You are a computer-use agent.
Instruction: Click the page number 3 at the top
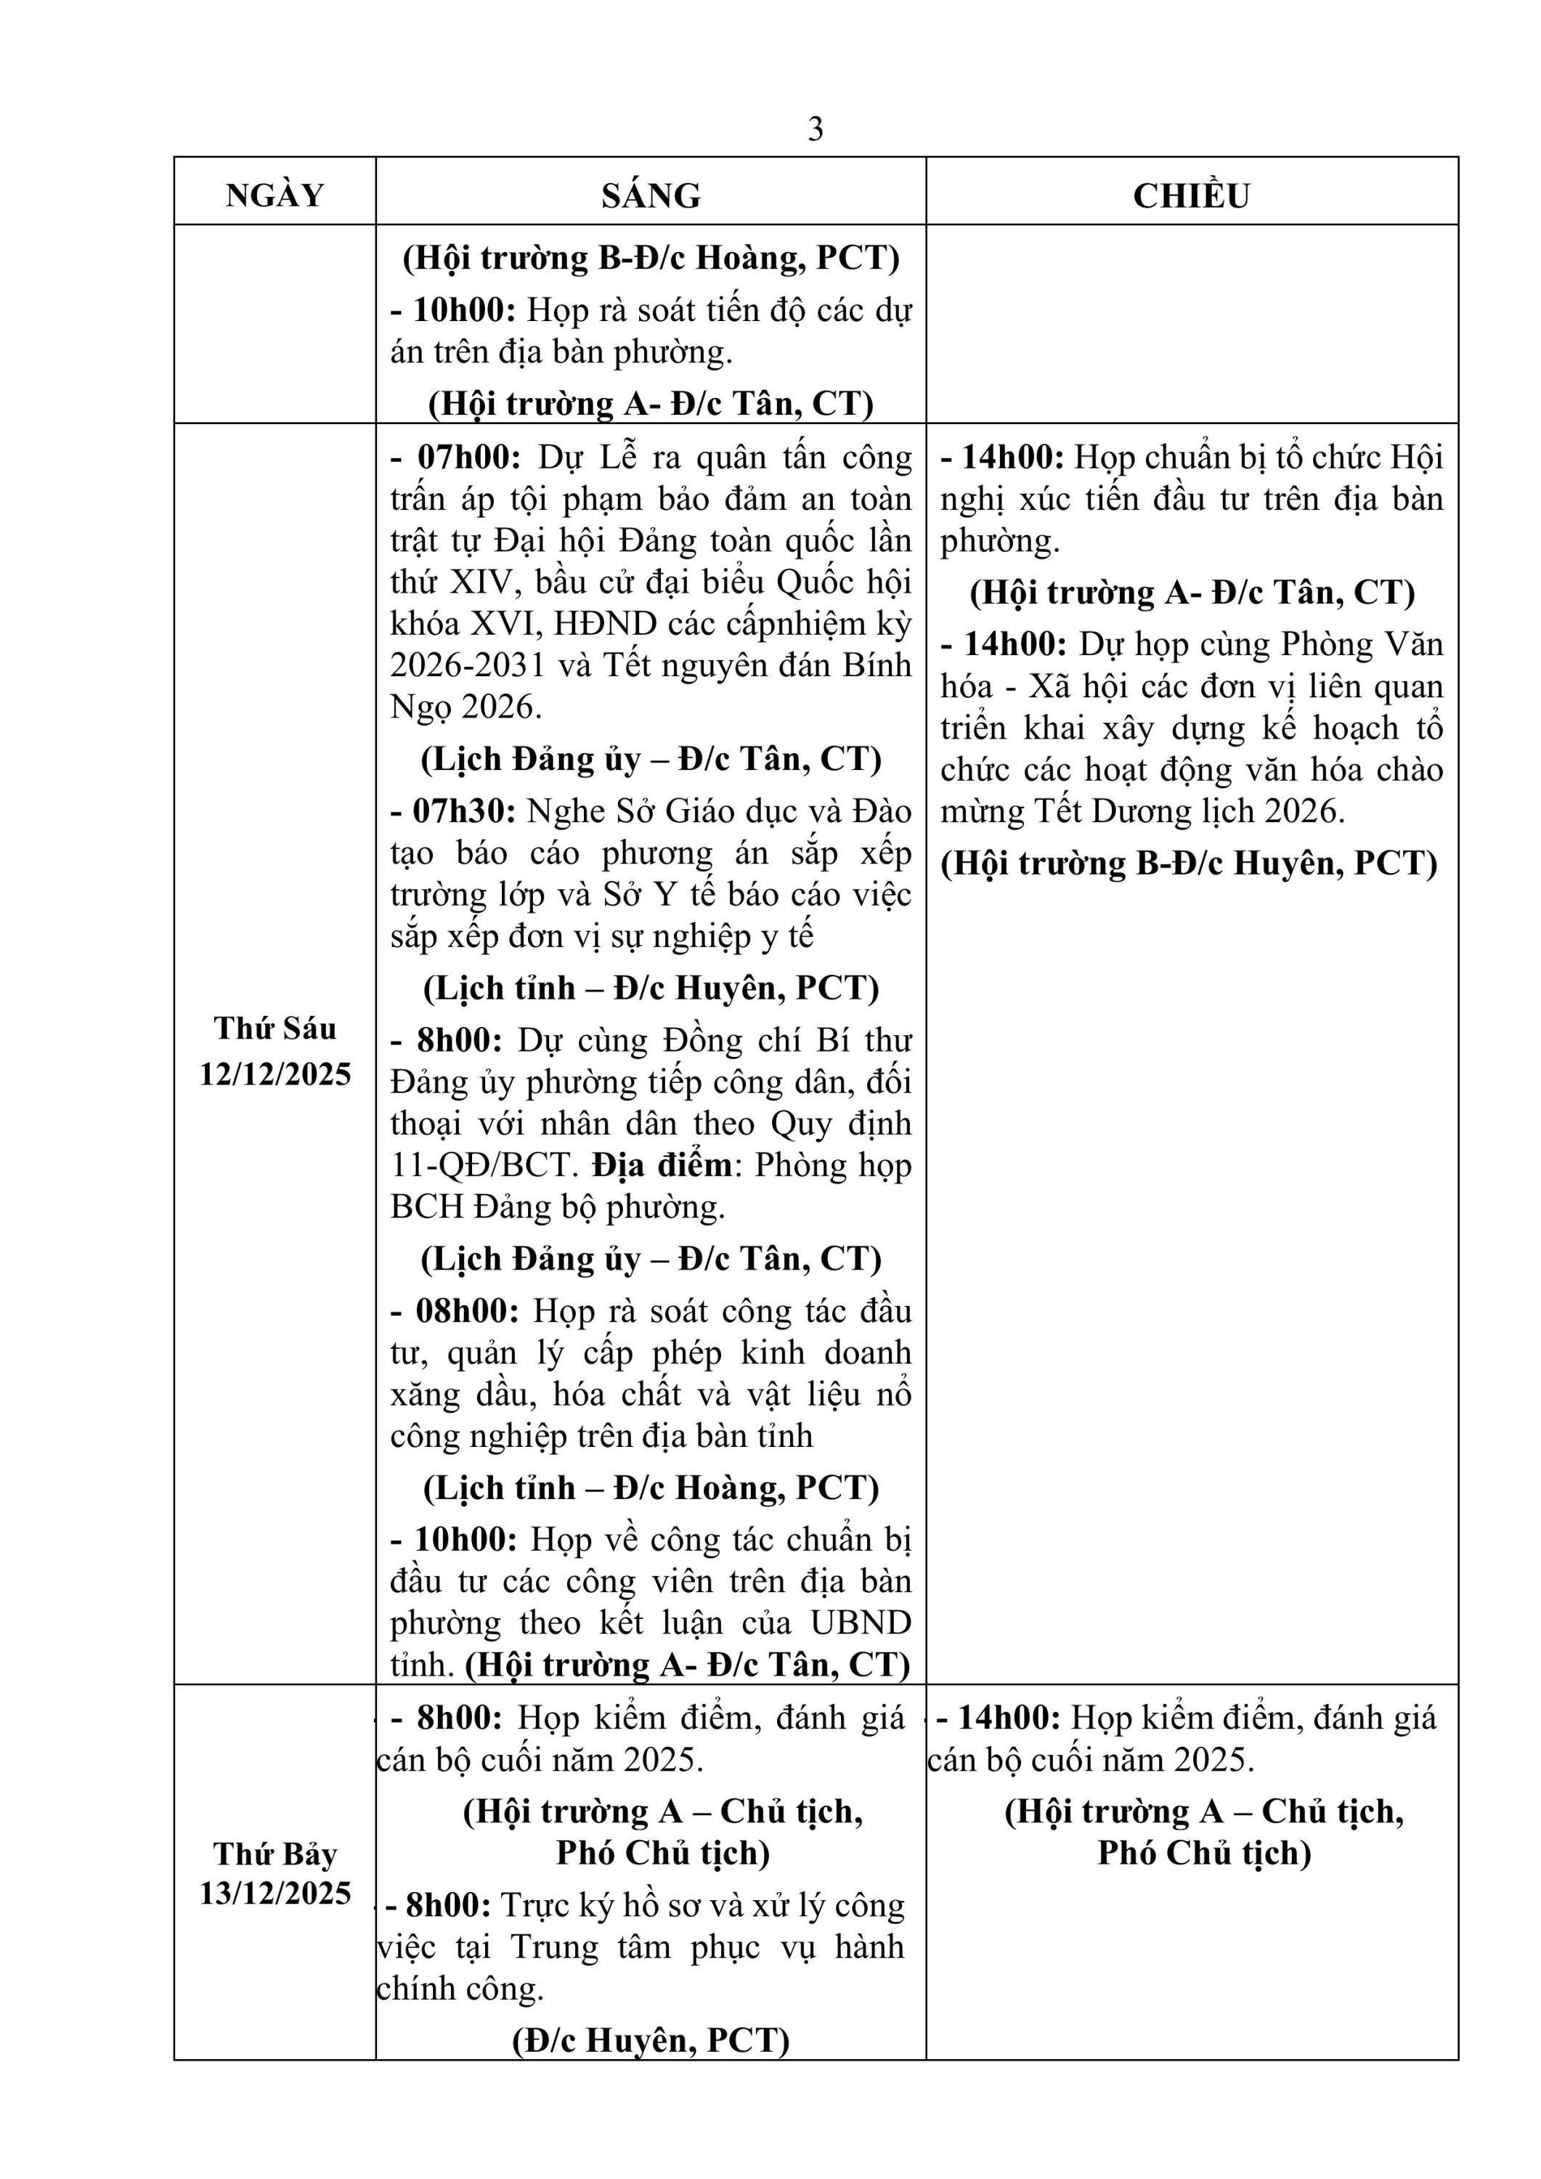(815, 129)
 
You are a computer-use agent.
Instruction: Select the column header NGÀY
(275, 195)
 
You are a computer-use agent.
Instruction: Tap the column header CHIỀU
(1191, 195)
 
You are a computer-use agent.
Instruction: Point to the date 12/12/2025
(275, 1075)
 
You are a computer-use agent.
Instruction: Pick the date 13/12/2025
(275, 1894)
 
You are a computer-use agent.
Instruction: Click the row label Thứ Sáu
(275, 1028)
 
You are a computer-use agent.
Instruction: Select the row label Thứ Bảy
(275, 1854)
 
